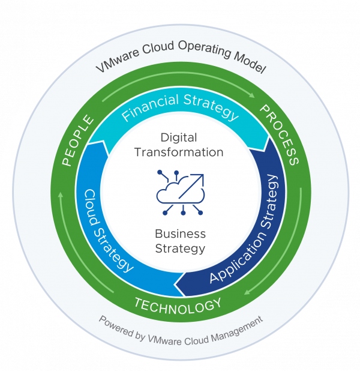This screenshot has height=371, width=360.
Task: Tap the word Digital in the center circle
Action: tap(179, 139)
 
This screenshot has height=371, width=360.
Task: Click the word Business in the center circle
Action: tap(180, 234)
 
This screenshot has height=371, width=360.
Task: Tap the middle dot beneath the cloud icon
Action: tap(180, 213)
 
